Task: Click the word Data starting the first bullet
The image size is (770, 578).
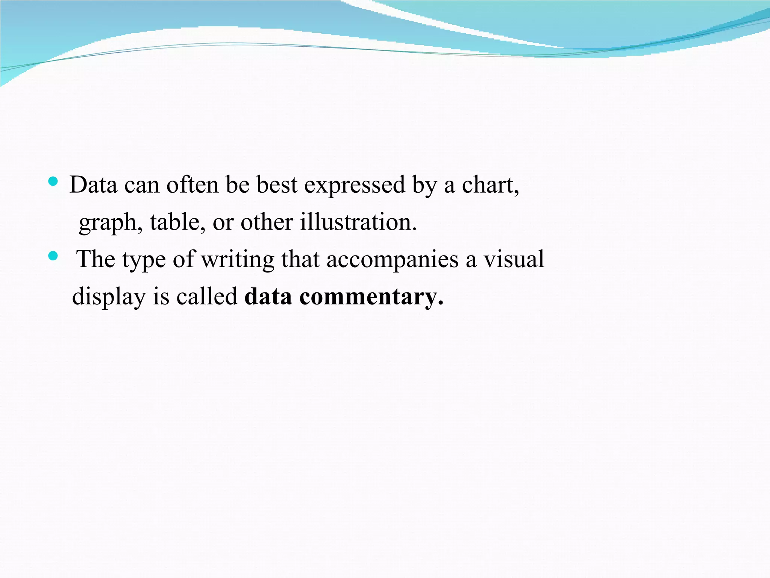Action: (93, 185)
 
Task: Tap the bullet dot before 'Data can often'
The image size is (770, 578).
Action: (53, 183)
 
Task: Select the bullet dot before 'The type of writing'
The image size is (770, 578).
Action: (53, 257)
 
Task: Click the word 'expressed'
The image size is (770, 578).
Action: (355, 185)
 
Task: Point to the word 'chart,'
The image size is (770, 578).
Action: (490, 185)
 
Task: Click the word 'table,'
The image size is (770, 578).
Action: (177, 222)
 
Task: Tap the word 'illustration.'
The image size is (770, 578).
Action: (358, 222)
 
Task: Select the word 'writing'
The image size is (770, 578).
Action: (238, 260)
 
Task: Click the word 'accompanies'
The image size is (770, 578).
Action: (392, 260)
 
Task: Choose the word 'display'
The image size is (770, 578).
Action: (109, 297)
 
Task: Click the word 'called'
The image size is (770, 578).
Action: (207, 296)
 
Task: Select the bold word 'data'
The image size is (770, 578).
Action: (268, 297)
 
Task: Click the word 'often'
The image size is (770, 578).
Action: (192, 185)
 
